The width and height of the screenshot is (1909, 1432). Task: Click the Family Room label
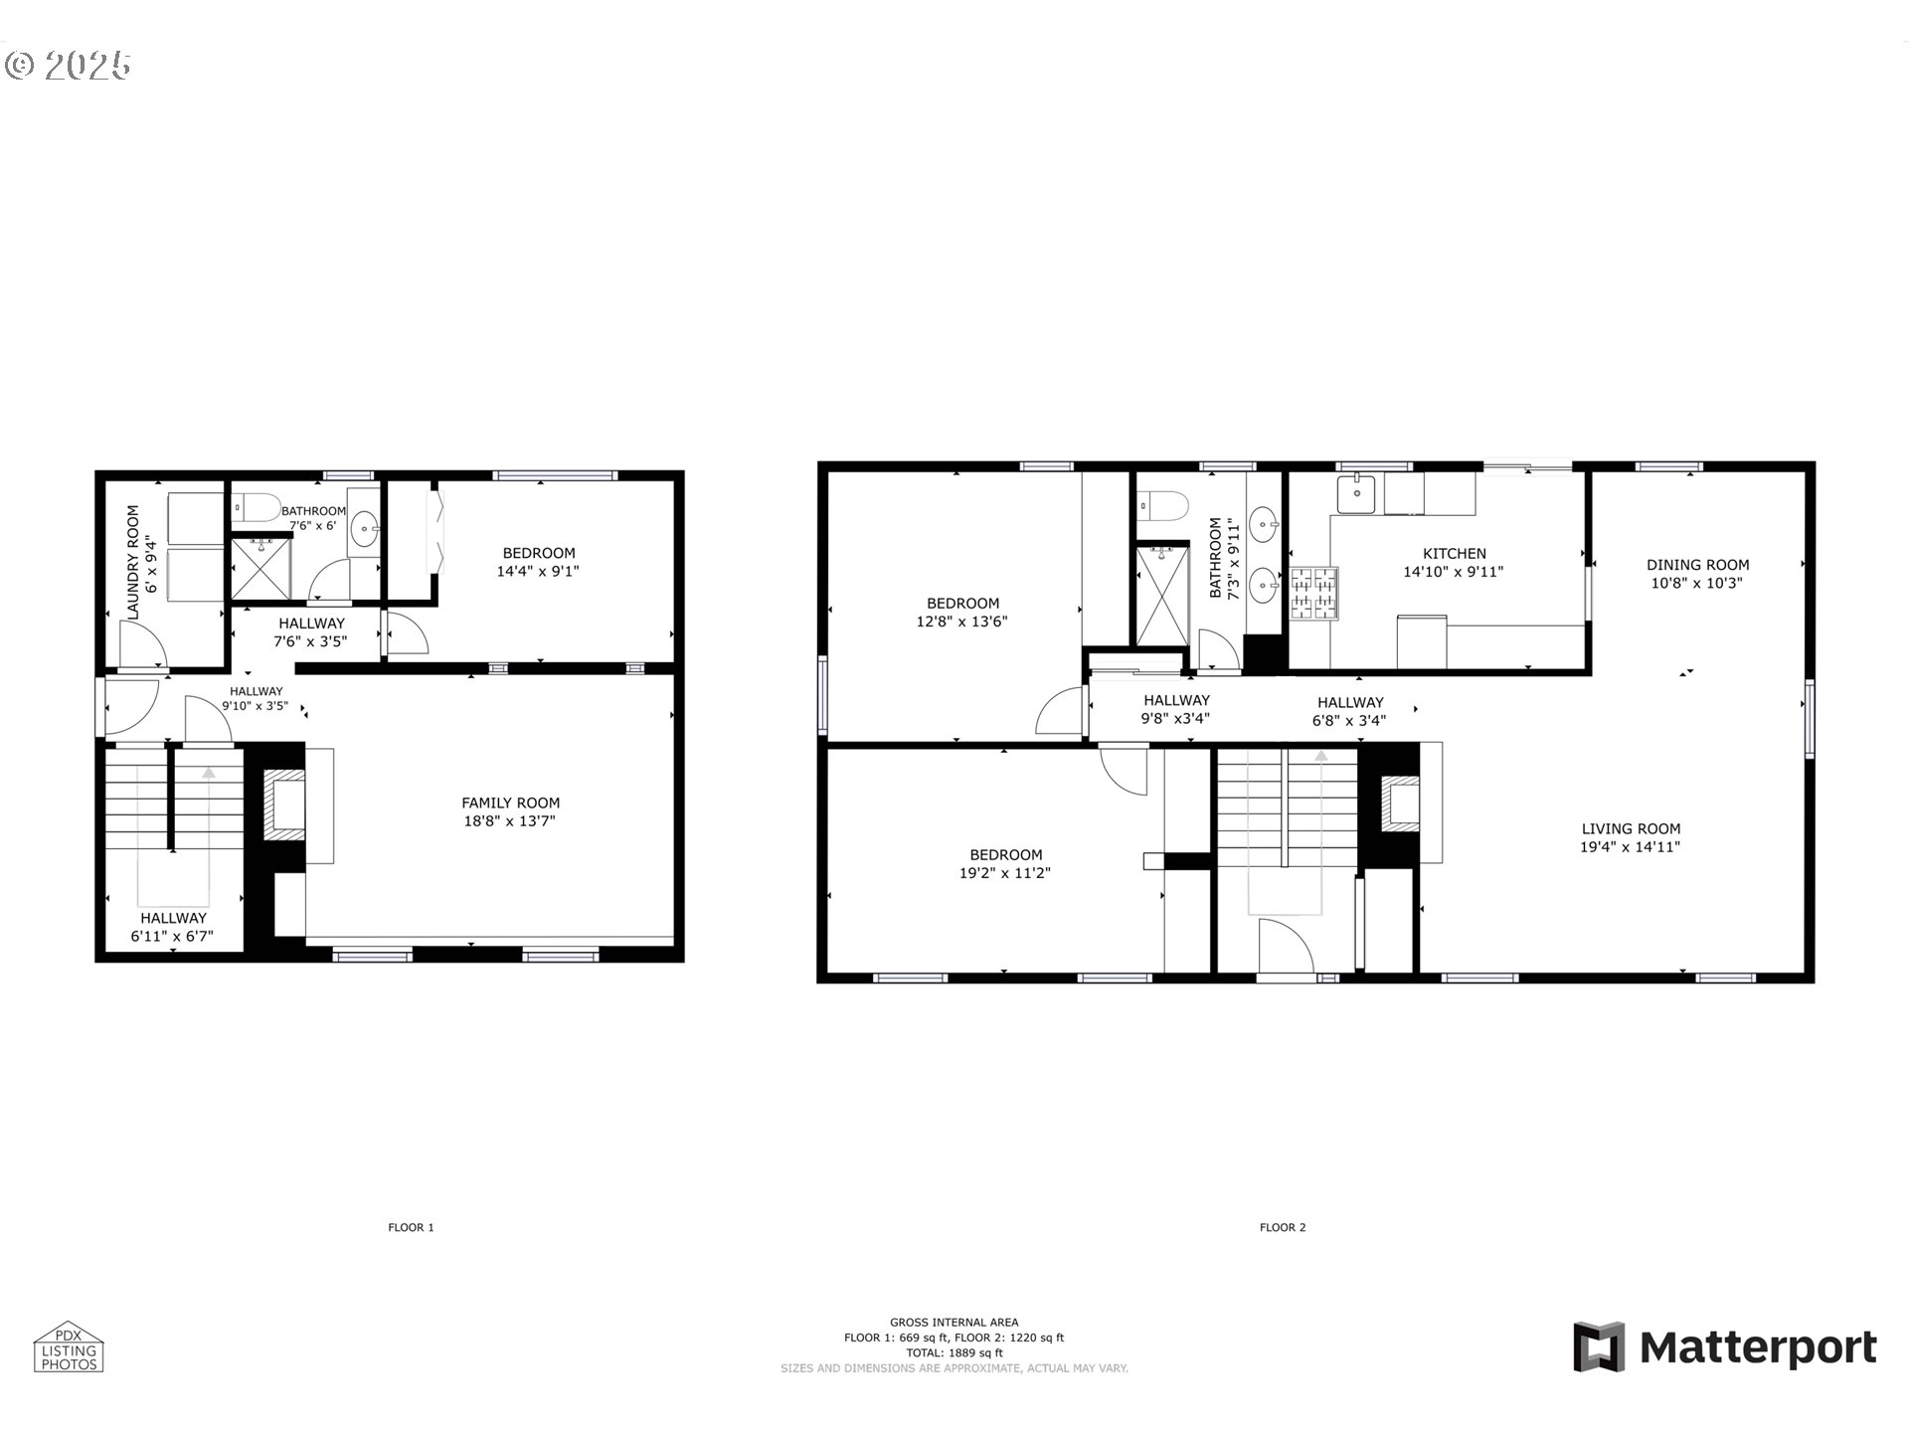(x=510, y=803)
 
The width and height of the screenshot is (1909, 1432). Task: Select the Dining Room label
(x=1697, y=565)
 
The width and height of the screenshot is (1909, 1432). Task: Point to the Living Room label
(x=1631, y=828)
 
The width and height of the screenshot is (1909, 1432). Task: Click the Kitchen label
(x=1454, y=554)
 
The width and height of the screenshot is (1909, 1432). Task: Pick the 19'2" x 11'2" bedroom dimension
(x=1006, y=873)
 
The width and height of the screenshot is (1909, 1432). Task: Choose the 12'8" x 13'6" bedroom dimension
(x=962, y=622)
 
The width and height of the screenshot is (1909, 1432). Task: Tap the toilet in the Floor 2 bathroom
(x=1162, y=506)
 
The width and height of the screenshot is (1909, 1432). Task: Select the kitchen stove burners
(x=1313, y=593)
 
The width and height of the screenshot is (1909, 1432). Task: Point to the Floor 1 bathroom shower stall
(x=261, y=568)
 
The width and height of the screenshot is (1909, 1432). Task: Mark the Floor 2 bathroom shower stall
(x=1162, y=595)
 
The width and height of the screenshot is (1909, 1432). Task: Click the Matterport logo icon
(x=1599, y=1346)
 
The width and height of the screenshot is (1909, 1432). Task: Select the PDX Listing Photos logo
(x=69, y=1347)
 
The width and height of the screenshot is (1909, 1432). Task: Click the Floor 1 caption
(x=411, y=1227)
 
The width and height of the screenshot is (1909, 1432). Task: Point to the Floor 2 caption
(x=1283, y=1227)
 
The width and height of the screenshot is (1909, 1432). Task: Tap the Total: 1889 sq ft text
(x=954, y=1352)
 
